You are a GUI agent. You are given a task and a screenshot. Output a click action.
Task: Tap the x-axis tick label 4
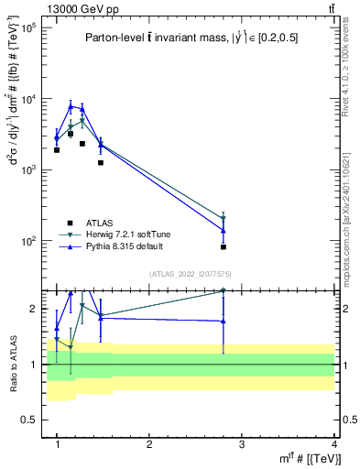click(x=333, y=444)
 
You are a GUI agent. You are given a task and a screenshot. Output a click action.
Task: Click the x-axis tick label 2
click(x=149, y=444)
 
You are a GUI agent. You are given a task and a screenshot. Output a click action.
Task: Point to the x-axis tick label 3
click(x=242, y=444)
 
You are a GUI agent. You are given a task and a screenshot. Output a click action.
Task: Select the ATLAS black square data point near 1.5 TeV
click(x=101, y=163)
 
